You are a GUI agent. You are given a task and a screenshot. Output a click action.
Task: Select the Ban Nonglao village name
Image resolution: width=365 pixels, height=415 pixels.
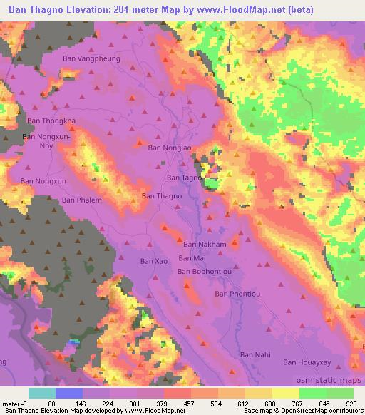pos(170,148)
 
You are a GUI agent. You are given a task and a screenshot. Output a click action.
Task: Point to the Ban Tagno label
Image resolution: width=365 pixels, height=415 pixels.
pos(184,178)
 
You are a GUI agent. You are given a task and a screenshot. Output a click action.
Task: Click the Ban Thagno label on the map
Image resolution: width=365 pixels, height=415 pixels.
pos(162,195)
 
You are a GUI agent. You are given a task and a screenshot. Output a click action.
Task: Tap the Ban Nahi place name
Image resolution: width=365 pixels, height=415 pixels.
pos(255,354)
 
